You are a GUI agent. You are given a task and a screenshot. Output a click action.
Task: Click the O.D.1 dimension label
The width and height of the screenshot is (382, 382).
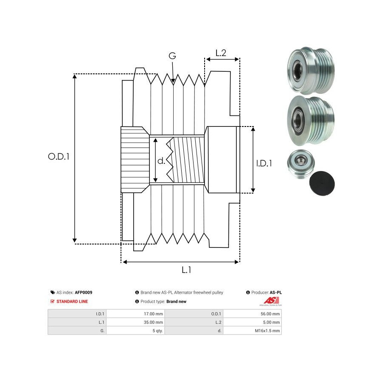(59, 156)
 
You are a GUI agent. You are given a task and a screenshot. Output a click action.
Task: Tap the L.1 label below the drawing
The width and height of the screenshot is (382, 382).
(186, 270)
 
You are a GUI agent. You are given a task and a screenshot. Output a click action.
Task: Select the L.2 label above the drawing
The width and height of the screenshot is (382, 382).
(221, 53)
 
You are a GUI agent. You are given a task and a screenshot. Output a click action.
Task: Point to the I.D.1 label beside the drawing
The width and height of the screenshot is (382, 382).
(264, 163)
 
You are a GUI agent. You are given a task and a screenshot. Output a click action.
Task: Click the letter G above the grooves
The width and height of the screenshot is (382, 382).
(172, 56)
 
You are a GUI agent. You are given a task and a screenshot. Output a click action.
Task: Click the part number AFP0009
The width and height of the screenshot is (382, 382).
(84, 292)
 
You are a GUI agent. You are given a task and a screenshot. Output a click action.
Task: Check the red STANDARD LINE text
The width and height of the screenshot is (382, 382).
(72, 301)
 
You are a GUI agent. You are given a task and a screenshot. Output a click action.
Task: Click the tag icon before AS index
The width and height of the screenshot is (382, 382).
(53, 292)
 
